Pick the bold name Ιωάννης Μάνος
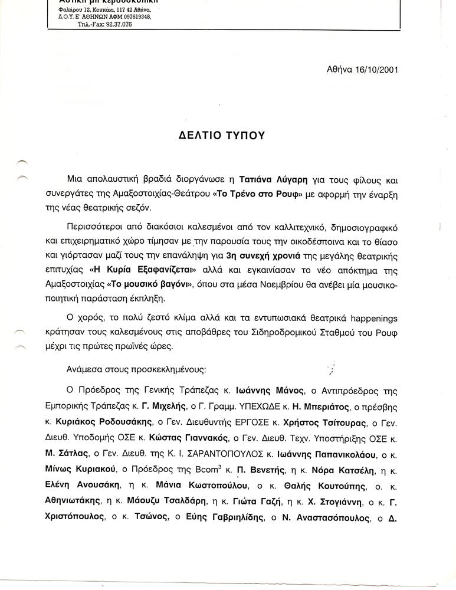point(270,391)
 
